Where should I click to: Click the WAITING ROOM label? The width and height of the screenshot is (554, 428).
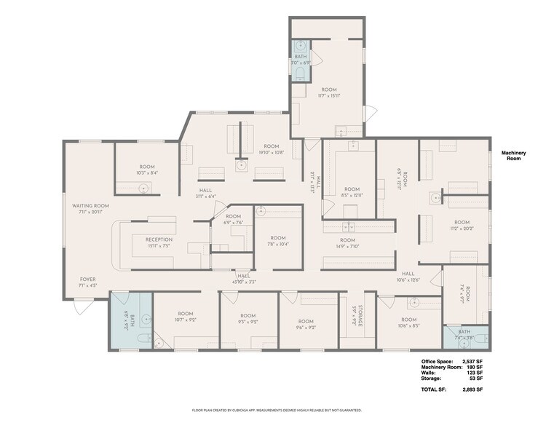click(x=90, y=206)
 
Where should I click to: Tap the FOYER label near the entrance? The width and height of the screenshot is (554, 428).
click(x=87, y=280)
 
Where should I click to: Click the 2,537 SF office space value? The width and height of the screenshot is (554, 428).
click(x=472, y=362)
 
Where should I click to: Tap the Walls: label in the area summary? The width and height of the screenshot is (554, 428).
click(x=430, y=373)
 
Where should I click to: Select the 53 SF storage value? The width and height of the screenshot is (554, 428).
click(x=475, y=379)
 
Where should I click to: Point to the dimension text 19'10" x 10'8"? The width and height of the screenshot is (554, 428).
click(x=271, y=153)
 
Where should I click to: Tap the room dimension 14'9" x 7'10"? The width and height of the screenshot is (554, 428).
click(x=347, y=246)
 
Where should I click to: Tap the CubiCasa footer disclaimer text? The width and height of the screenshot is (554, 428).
click(x=277, y=411)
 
